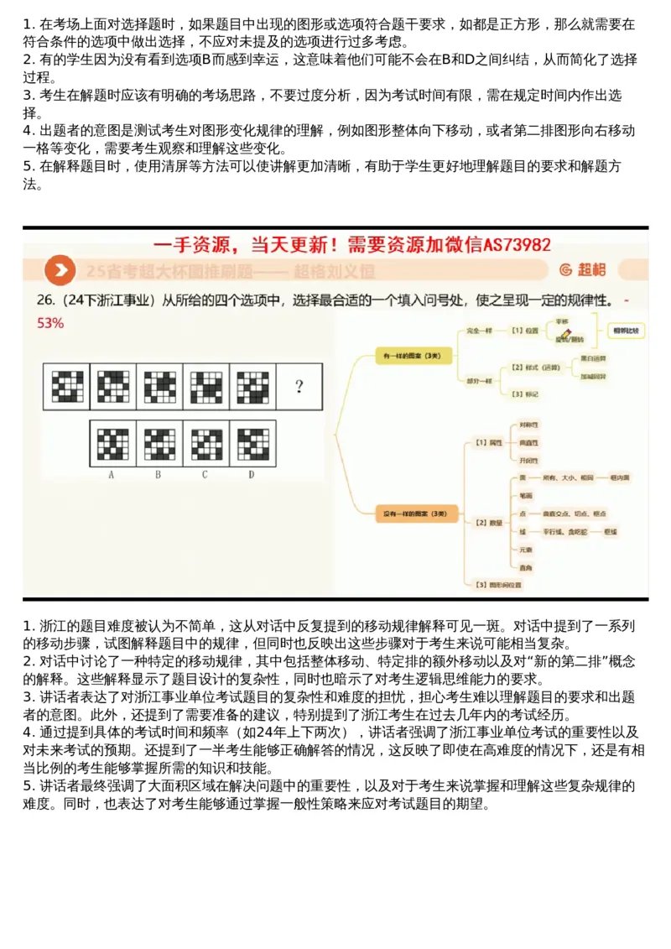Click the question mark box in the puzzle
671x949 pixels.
coord(299,387)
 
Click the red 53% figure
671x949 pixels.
coord(50,322)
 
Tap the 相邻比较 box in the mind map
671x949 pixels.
coord(625,331)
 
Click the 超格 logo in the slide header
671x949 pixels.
coord(584,269)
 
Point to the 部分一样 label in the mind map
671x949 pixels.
coord(480,380)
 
